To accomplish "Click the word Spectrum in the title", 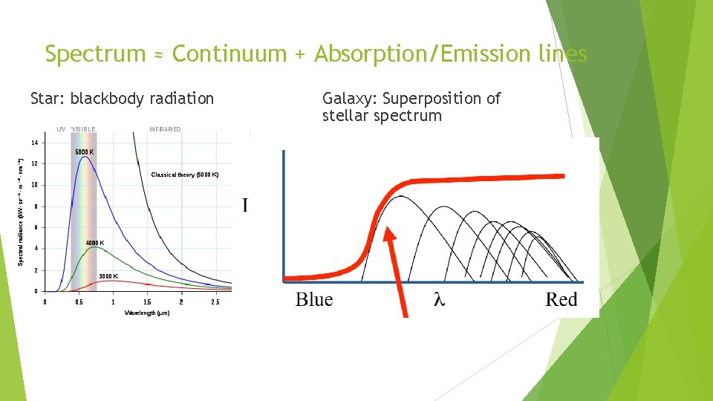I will (94, 54).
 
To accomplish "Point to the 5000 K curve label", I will (84, 152).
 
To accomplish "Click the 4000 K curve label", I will (95, 243).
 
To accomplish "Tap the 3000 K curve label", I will (108, 276).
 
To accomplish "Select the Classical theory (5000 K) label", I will (185, 175).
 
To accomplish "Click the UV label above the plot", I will (60, 129).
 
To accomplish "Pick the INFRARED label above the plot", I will (165, 129).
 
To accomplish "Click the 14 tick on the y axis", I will (34, 142).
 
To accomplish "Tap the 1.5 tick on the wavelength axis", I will (147, 302).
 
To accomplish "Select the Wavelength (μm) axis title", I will (147, 313).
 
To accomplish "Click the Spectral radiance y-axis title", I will (21, 212).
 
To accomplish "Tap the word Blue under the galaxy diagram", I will (314, 300).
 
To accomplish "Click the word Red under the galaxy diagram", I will (561, 300).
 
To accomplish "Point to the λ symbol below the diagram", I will (440, 300).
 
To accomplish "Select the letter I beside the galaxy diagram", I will (245, 205).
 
